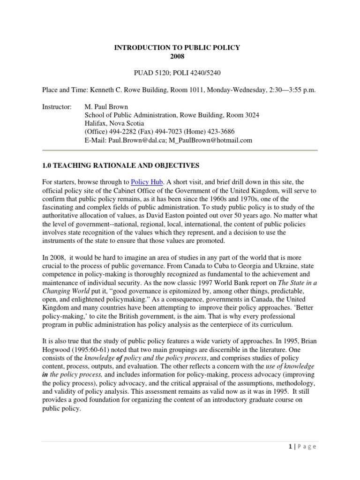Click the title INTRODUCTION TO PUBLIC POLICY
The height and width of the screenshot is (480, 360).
coord(178,48)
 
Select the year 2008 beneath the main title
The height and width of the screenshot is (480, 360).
coord(178,56)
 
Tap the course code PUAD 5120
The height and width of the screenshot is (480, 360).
coord(145,73)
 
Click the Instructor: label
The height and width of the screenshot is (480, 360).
coord(57,107)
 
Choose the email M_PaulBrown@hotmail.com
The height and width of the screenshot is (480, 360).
coord(210,140)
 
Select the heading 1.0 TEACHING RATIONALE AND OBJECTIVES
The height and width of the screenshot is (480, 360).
coord(120,165)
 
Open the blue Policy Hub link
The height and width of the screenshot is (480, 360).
coord(146,182)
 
